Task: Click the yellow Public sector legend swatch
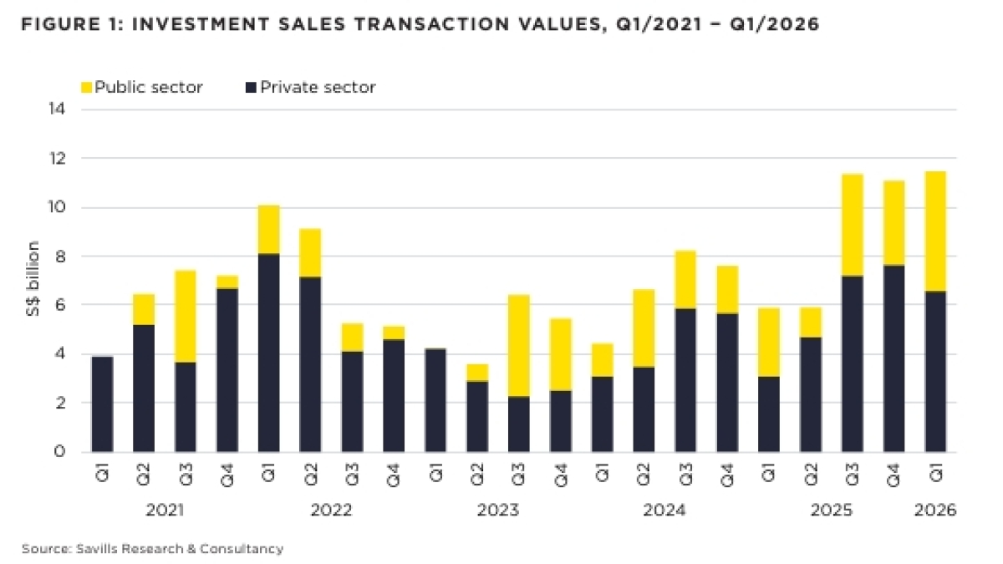point(86,87)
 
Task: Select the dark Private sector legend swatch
point(251,87)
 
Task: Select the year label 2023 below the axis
point(498,510)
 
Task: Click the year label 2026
point(935,510)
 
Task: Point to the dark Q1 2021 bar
point(102,404)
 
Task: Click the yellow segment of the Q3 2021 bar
point(185,316)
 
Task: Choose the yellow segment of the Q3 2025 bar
point(852,225)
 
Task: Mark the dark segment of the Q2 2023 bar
point(476,416)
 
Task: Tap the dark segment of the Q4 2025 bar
point(894,358)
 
